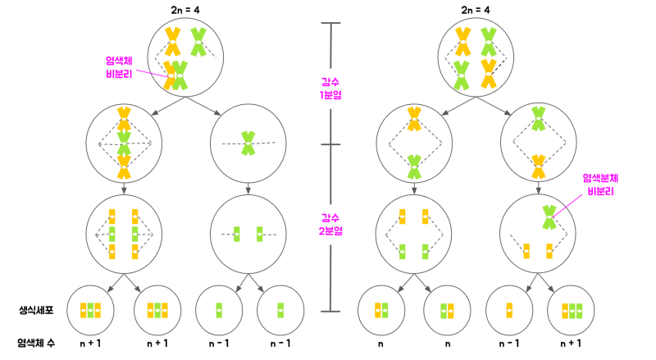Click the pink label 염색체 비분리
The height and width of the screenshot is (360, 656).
119,67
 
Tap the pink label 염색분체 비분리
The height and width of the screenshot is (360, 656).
600,185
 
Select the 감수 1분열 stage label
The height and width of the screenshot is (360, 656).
330,89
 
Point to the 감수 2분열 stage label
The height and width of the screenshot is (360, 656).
330,225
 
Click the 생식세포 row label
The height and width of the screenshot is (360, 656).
36,310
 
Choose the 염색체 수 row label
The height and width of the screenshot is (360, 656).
36,344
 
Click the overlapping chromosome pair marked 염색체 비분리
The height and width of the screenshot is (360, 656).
175,75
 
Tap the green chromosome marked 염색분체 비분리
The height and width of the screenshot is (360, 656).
549,217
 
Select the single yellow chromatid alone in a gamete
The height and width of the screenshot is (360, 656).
509,311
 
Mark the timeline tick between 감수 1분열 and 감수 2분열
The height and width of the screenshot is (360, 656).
330,144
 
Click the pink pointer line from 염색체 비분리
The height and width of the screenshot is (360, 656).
153,73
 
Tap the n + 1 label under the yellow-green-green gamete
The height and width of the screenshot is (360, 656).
571,344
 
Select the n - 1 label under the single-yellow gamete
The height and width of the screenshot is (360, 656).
509,344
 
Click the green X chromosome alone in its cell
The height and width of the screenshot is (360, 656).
248,144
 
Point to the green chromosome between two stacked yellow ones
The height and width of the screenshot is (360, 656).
124,144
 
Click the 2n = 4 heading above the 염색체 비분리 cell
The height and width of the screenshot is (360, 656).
185,10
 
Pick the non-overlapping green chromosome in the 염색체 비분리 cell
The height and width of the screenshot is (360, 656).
198,42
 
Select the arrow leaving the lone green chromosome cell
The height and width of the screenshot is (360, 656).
248,189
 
